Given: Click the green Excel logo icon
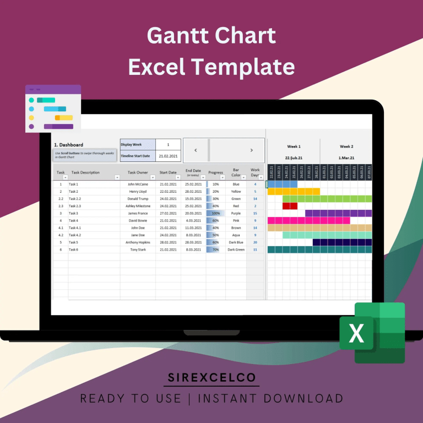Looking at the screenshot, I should (x=372, y=333).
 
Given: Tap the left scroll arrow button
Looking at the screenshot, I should (x=196, y=150).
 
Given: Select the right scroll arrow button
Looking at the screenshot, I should (x=251, y=150).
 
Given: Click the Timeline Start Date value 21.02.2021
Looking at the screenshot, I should (x=167, y=156).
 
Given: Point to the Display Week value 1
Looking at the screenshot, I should (x=167, y=144).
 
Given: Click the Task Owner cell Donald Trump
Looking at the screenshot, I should (x=138, y=198).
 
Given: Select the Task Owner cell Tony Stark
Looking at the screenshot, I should (x=138, y=250).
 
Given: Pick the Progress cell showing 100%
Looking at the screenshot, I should (x=215, y=213).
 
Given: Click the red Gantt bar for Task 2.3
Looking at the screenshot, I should (x=286, y=206).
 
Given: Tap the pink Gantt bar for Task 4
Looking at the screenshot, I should (x=308, y=220).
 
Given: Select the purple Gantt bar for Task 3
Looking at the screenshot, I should (x=338, y=213).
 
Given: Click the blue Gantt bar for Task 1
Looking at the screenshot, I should (x=282, y=184).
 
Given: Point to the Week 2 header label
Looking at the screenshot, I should (x=346, y=147).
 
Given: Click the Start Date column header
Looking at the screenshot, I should (x=168, y=172).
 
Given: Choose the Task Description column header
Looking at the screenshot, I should (x=85, y=172).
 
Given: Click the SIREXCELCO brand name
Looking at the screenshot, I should (x=212, y=378).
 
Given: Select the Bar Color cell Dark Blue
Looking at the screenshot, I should (x=236, y=242).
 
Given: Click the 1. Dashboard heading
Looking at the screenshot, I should (x=68, y=145).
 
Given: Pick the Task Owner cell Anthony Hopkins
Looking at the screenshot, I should (x=138, y=242).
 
